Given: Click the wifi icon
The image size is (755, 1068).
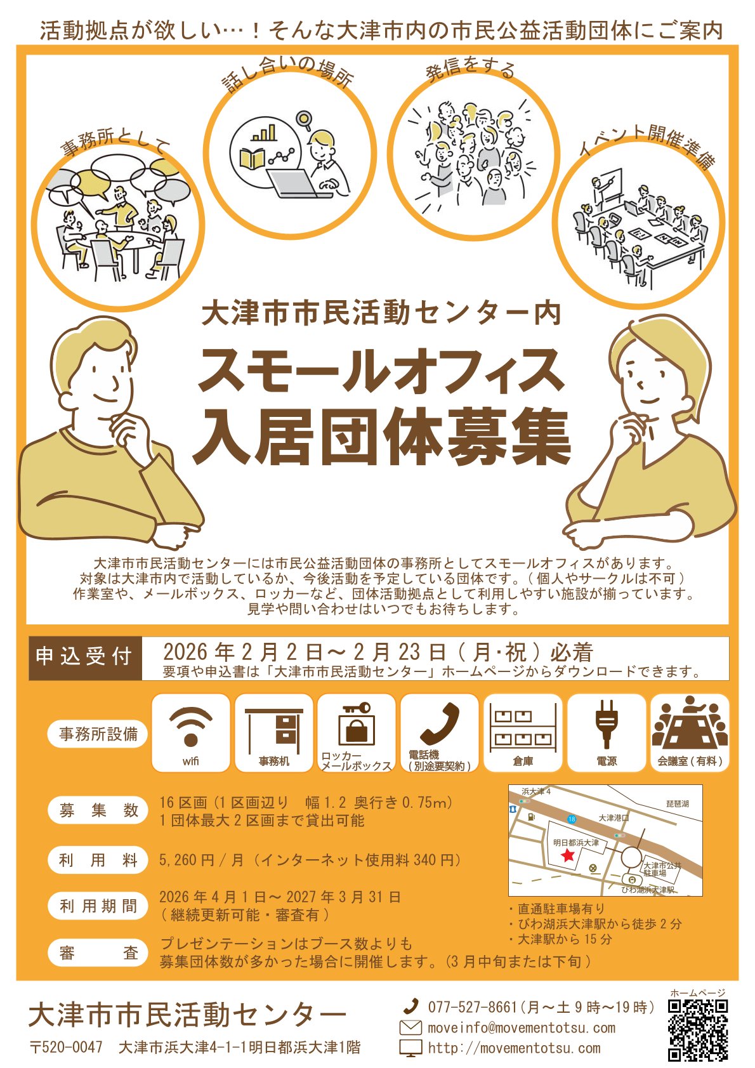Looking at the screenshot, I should tap(190, 727).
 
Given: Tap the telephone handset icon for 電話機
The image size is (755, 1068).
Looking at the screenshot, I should tap(440, 723).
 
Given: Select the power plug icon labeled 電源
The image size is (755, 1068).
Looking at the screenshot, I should tap(606, 725).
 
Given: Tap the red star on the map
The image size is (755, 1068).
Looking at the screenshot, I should tap(567, 856).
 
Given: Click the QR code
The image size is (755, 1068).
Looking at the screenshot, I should tap(698, 1031).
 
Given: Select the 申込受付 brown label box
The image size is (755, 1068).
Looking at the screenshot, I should tap(84, 657).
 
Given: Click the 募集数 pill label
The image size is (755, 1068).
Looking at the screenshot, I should tap(98, 810).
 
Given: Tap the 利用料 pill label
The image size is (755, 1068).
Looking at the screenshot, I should tap(98, 860).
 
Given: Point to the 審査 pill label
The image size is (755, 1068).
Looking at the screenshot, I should tap(98, 953).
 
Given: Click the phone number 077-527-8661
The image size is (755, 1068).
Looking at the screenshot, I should tap(472, 1007).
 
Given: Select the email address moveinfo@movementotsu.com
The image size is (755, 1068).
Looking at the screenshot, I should tap(521, 1027).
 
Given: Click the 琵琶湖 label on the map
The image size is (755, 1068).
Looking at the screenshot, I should tap(676, 803).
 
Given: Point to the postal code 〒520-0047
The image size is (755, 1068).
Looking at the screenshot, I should tap(67, 1047).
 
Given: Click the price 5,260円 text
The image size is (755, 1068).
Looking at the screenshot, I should tap(187, 860).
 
